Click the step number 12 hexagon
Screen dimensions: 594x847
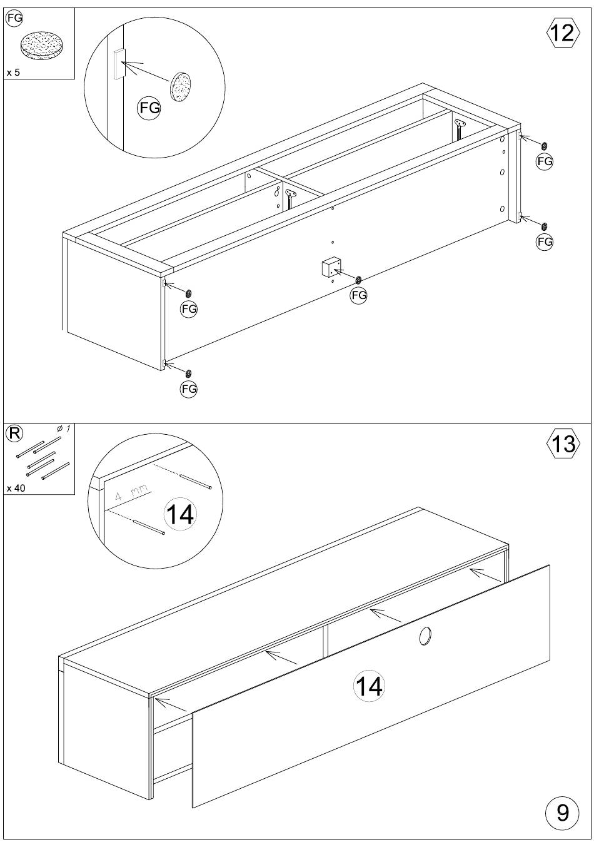[x=563, y=33]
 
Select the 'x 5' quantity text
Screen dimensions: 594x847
[x=13, y=72]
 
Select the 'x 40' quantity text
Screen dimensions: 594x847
[x=16, y=488]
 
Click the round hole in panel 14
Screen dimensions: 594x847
[x=425, y=637]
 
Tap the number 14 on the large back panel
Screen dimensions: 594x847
[x=369, y=686]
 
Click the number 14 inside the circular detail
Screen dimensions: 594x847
[x=180, y=514]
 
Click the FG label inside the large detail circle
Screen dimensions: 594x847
[x=149, y=108]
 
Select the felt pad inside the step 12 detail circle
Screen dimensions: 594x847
[x=181, y=86]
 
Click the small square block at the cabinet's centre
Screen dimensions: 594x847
[x=331, y=267]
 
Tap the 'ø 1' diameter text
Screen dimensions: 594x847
[x=64, y=429]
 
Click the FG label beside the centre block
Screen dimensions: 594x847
[x=359, y=295]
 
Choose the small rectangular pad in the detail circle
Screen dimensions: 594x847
[x=119, y=64]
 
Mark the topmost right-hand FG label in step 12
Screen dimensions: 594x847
[x=545, y=161]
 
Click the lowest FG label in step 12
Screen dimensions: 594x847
[x=189, y=388]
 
